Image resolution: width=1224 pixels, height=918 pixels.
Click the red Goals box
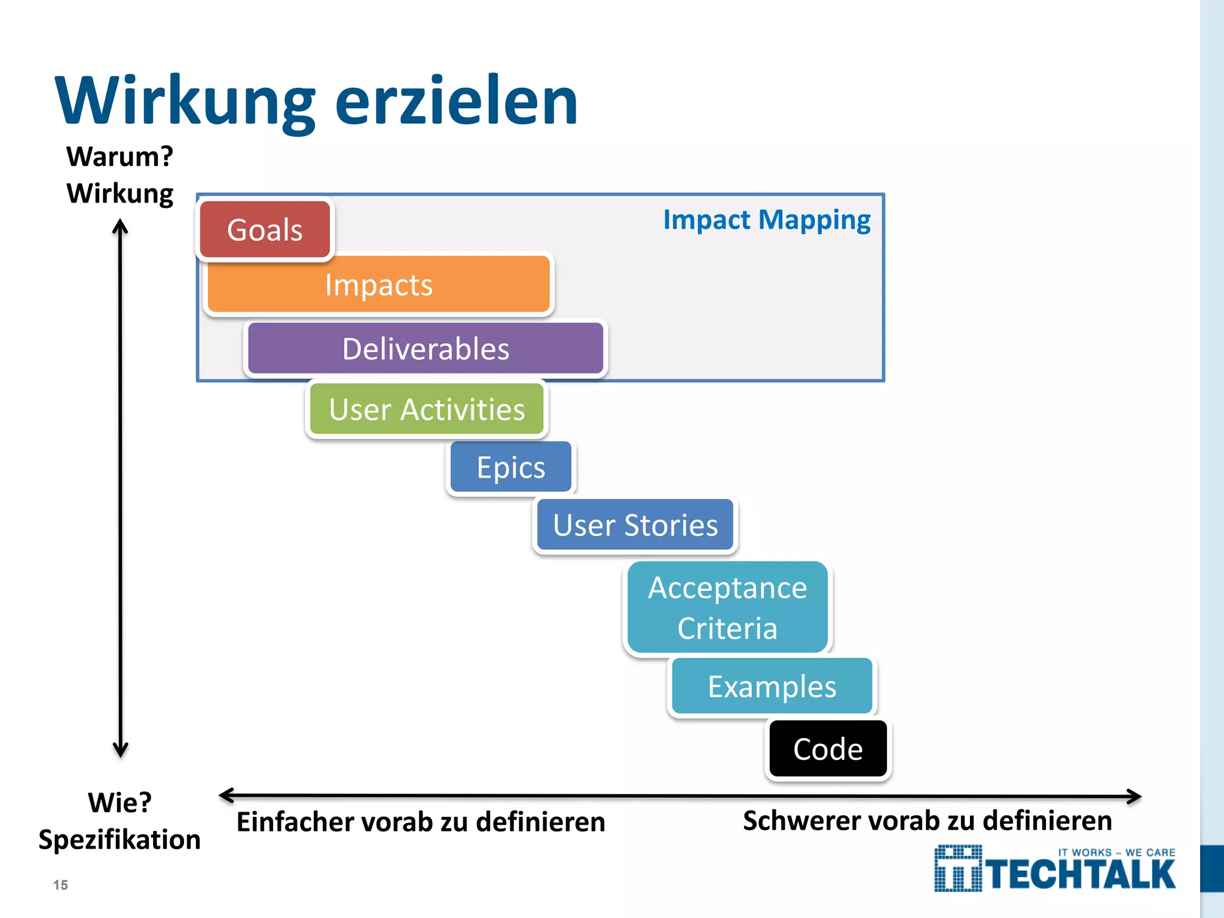click(x=265, y=230)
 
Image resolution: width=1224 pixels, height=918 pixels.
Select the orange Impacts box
click(x=378, y=284)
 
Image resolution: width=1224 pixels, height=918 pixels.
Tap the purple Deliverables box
click(x=426, y=348)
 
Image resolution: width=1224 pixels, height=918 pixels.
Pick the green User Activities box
click(x=427, y=409)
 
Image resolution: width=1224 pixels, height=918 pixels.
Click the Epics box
click(x=511, y=467)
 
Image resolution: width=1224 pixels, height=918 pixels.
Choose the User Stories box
click(x=635, y=525)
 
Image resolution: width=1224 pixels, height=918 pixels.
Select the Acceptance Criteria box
click(x=727, y=607)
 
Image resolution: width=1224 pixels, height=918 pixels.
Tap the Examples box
click(x=772, y=687)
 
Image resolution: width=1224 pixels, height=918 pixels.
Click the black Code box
click(x=828, y=749)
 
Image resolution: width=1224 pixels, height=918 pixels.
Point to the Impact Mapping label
click(x=767, y=220)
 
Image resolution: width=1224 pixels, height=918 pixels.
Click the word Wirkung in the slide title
click(x=185, y=100)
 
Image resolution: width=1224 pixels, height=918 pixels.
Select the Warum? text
click(x=120, y=157)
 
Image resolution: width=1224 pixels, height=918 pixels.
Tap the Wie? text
click(x=120, y=802)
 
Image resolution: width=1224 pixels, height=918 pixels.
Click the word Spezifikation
click(x=120, y=839)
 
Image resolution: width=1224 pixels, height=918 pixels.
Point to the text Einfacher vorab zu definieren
click(x=421, y=822)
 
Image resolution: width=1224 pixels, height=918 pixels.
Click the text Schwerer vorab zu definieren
click(x=927, y=821)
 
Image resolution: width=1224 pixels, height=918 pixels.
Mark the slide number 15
click(x=60, y=885)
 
